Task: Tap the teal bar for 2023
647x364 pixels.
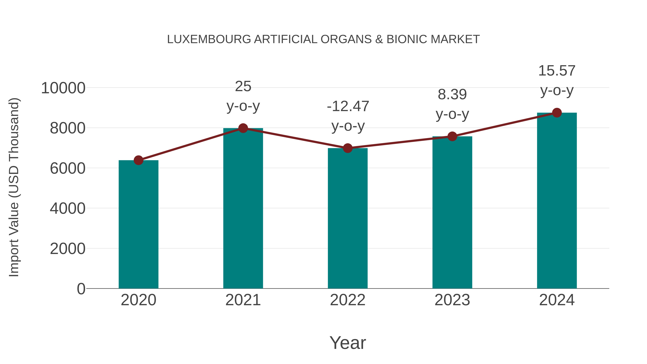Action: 452,212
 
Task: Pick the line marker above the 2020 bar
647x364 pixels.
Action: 138,160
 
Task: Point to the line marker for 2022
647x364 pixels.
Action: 348,148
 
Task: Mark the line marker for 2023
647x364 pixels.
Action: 452,136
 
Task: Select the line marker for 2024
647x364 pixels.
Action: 557,113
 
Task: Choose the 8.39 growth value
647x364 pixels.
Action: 452,95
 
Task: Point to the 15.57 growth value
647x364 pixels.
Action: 557,71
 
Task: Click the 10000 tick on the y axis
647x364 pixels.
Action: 63,88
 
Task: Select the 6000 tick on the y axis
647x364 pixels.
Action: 68,168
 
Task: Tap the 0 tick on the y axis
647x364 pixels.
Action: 81,289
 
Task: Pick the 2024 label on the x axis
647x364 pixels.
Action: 557,300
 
